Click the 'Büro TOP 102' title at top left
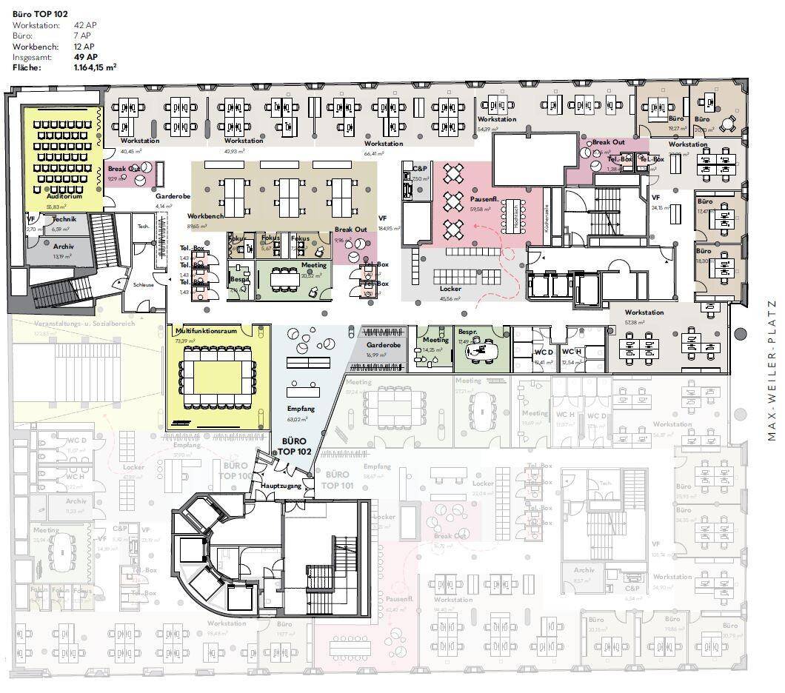tap(41, 13)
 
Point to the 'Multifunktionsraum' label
tap(206, 331)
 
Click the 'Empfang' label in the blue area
tap(301, 409)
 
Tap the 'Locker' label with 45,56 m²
tap(450, 289)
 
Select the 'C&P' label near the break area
tap(420, 170)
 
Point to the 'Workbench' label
tap(206, 216)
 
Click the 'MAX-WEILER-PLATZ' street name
tap(771, 370)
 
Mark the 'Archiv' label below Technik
tap(63, 246)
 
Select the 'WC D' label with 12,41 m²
tap(544, 352)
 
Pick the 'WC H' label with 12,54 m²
tap(571, 352)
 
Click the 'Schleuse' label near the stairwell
tap(143, 284)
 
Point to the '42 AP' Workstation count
tap(83, 25)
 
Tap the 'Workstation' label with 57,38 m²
tap(644, 312)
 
